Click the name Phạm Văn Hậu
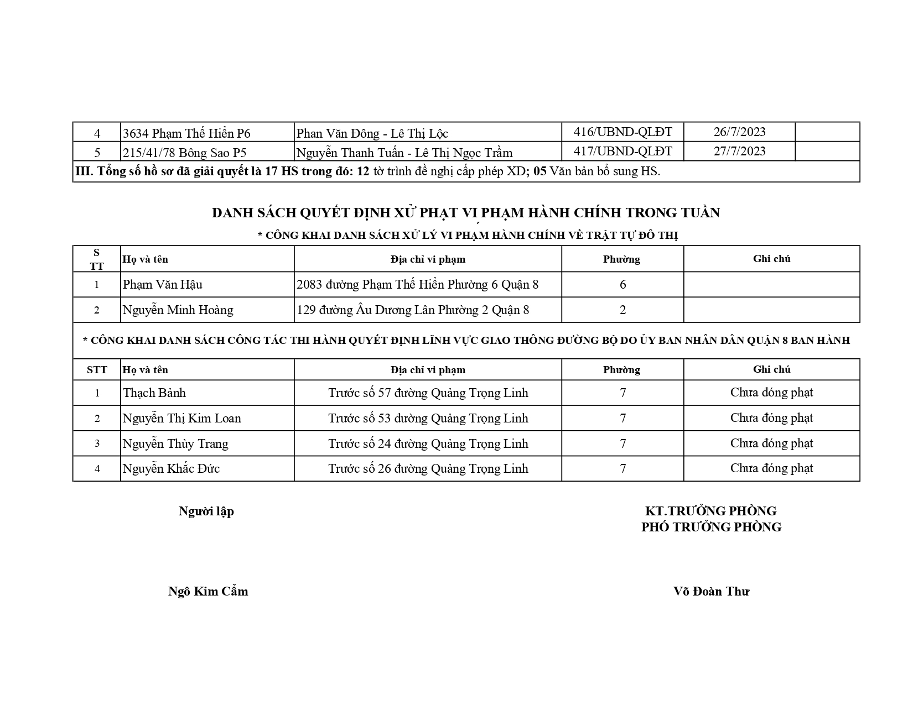(163, 285)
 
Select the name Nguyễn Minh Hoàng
(178, 310)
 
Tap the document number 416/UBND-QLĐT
(622, 132)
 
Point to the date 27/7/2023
(739, 151)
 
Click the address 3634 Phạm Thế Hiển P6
(186, 133)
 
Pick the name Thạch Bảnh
(154, 393)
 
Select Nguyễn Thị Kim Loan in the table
(182, 419)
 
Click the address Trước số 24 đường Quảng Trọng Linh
(428, 443)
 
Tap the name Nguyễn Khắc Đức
(171, 469)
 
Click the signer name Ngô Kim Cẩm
(208, 592)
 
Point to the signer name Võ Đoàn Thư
(711, 592)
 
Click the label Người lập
(206, 511)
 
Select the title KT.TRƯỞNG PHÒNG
(711, 511)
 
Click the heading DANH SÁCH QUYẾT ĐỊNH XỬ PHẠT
(465, 213)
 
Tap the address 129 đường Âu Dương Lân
(413, 310)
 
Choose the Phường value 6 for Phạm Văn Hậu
(622, 285)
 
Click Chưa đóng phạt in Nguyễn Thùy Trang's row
(771, 443)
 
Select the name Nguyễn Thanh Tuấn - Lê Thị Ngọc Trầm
(404, 153)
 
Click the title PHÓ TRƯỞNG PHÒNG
(711, 528)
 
